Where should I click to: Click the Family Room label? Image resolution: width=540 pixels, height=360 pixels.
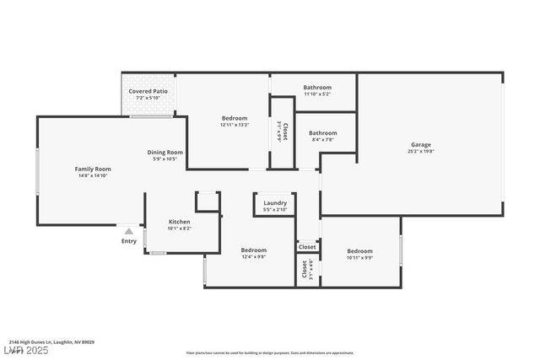point(93,169)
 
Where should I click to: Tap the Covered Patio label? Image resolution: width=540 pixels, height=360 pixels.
point(148,91)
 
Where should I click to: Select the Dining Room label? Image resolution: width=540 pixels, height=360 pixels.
point(165,152)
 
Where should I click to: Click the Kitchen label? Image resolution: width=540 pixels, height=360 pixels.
point(179,222)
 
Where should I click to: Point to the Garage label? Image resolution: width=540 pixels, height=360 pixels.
point(420,145)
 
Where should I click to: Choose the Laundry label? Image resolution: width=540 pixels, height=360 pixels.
point(275,202)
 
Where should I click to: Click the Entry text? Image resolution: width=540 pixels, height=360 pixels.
point(128,241)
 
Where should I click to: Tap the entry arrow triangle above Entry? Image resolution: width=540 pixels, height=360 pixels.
point(128,229)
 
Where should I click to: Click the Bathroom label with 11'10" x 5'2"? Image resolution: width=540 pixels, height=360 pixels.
point(317,87)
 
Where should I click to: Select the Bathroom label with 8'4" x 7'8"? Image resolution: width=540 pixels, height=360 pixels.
point(322,132)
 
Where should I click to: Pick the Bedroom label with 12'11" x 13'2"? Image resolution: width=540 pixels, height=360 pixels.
point(235,118)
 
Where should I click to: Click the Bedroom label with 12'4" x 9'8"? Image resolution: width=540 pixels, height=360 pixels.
point(253,250)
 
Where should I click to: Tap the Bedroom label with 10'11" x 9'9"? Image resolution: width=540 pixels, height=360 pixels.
point(359,250)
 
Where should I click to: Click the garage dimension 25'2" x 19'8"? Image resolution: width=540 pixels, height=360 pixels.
point(420,153)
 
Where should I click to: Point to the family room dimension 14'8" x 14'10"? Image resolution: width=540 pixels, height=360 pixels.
point(93,176)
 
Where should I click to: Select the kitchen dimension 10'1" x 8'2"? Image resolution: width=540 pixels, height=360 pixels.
point(179,228)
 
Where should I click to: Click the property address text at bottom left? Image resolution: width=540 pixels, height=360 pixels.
point(52,342)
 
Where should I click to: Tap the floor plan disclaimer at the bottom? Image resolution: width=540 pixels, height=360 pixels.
point(270,352)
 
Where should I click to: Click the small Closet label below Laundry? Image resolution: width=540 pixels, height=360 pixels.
point(307,247)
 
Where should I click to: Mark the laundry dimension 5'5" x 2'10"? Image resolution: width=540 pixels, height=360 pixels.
point(275,210)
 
